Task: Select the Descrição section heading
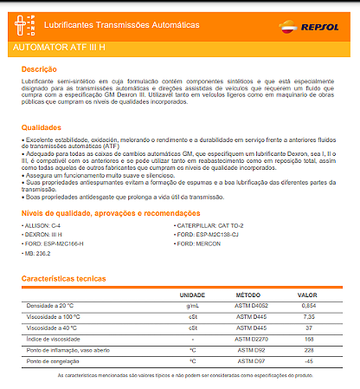39,68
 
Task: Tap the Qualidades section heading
42,127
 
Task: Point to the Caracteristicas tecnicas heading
62,279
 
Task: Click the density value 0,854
309,307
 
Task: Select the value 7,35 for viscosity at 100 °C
309,317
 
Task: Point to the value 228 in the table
309,349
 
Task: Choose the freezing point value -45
309,360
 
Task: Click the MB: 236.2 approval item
41,255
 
